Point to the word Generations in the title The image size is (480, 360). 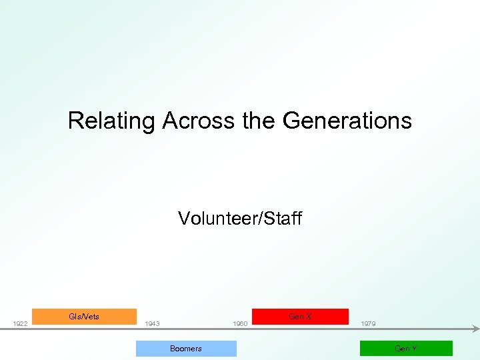tap(347, 121)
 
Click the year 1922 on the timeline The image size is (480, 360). tap(20, 324)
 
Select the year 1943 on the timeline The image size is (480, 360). tap(152, 324)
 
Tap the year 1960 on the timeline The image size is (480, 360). tap(240, 324)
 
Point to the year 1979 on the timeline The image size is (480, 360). tap(368, 324)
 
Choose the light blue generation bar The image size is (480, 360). tap(186, 349)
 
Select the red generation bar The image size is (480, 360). tap(300, 317)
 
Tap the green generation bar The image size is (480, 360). tap(406, 349)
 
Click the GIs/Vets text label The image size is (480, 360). tap(84, 317)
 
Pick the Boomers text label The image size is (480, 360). tap(186, 349)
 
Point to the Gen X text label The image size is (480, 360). tap(300, 317)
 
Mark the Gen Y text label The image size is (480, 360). tap(406, 349)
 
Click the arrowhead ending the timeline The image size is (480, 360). tap(475, 328)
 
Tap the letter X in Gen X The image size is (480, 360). tap(308, 317)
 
